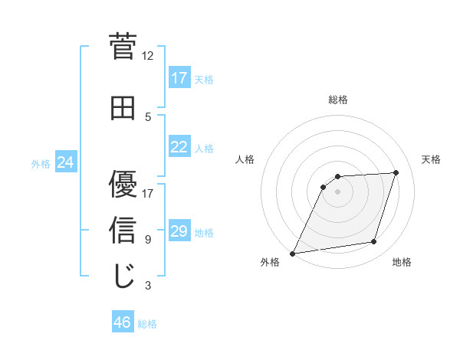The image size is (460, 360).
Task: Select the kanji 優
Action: (x=123, y=185)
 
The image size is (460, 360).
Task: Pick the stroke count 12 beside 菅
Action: (x=148, y=56)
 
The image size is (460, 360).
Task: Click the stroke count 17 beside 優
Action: (x=148, y=193)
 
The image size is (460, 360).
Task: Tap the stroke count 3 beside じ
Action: (x=148, y=286)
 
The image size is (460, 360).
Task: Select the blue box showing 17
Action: (x=179, y=78)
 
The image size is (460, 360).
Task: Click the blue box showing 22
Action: (x=179, y=147)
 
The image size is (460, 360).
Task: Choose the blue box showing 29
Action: (x=179, y=231)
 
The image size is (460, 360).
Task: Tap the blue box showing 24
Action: (x=66, y=162)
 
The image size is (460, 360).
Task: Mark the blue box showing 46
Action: (x=123, y=322)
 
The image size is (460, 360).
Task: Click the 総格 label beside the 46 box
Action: (x=147, y=324)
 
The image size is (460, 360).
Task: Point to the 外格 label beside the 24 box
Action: (x=41, y=164)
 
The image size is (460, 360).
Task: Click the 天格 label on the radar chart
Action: (x=432, y=159)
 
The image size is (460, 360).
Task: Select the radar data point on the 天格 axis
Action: (x=396, y=173)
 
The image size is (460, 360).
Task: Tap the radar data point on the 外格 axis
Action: (x=292, y=254)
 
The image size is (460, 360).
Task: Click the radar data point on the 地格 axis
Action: (x=374, y=242)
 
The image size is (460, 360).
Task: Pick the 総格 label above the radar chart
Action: (x=338, y=100)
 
